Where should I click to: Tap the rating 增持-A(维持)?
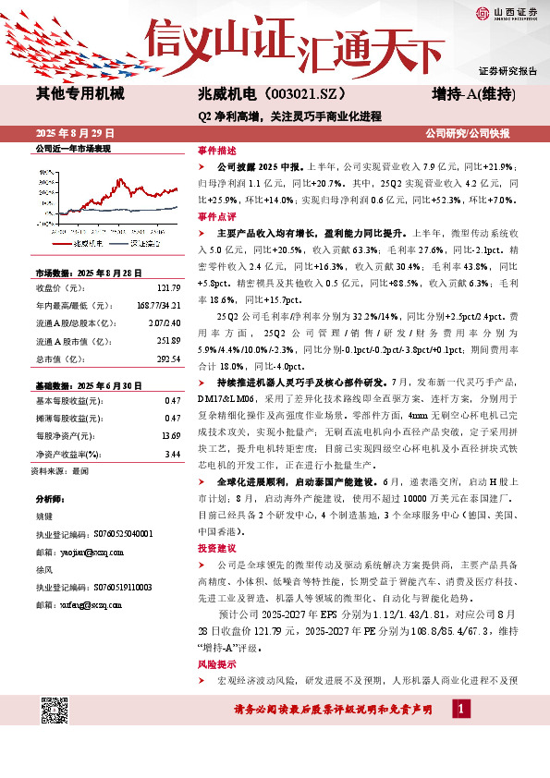(x=474, y=94)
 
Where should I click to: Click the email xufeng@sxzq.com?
(x=91, y=604)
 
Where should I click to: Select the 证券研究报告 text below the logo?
(x=507, y=71)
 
